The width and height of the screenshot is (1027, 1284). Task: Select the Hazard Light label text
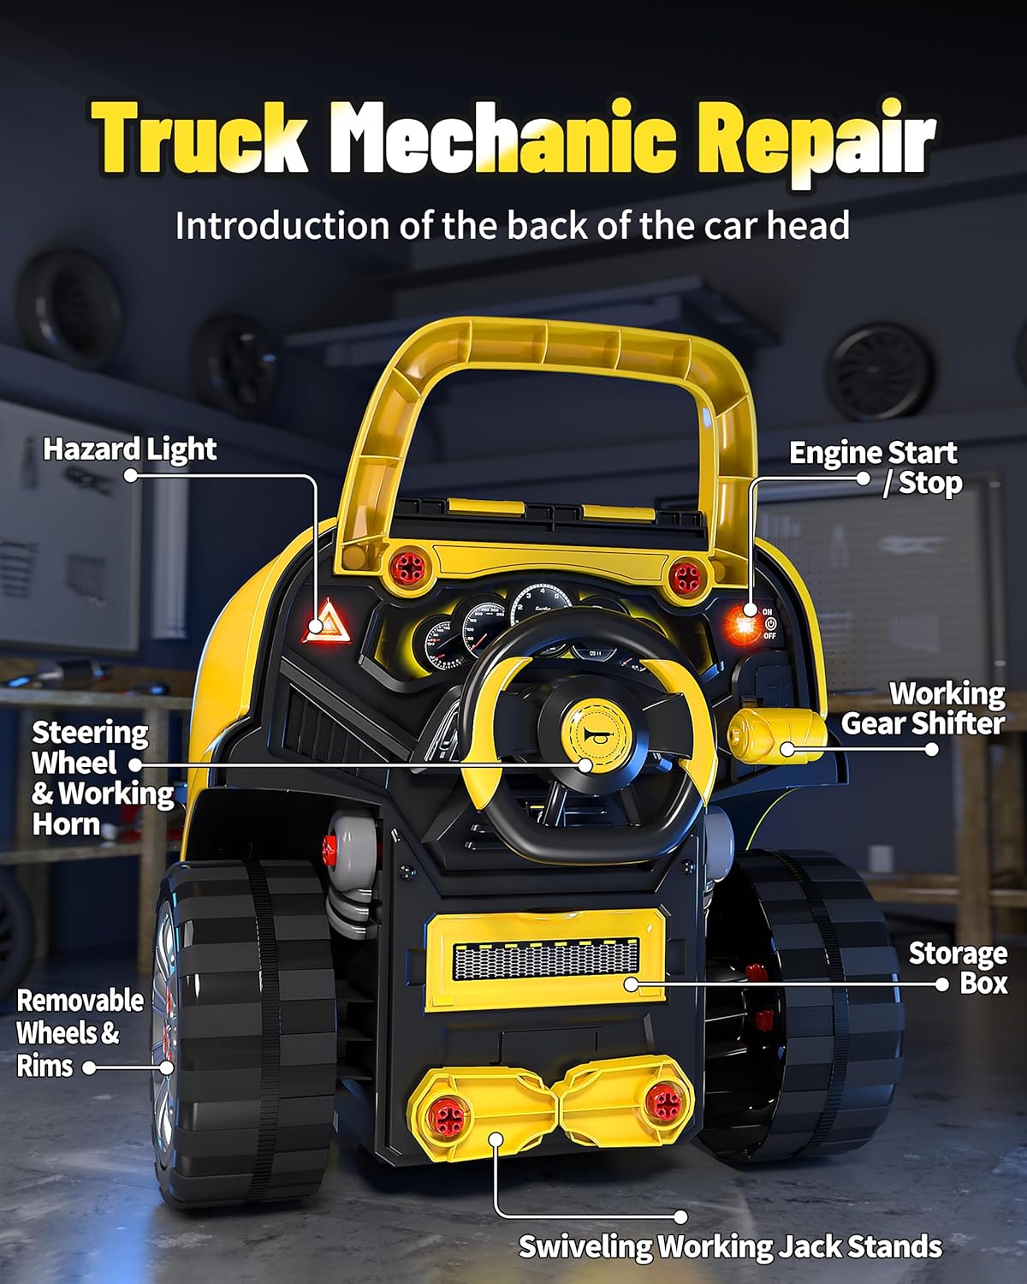click(x=129, y=449)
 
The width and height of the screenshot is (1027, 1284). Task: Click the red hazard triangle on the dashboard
click(x=324, y=622)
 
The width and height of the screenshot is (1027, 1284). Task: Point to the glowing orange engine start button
click(x=743, y=622)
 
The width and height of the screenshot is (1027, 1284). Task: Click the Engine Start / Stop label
click(x=875, y=467)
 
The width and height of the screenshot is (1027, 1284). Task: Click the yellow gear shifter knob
click(x=774, y=734)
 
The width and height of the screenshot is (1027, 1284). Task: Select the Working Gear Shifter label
click(x=923, y=709)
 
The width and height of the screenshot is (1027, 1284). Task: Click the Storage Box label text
click(x=958, y=968)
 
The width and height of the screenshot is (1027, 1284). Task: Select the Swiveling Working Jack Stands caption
click(x=730, y=1246)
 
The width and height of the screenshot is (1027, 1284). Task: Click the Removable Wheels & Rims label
click(x=80, y=1033)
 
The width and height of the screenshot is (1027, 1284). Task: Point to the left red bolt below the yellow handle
click(x=404, y=566)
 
